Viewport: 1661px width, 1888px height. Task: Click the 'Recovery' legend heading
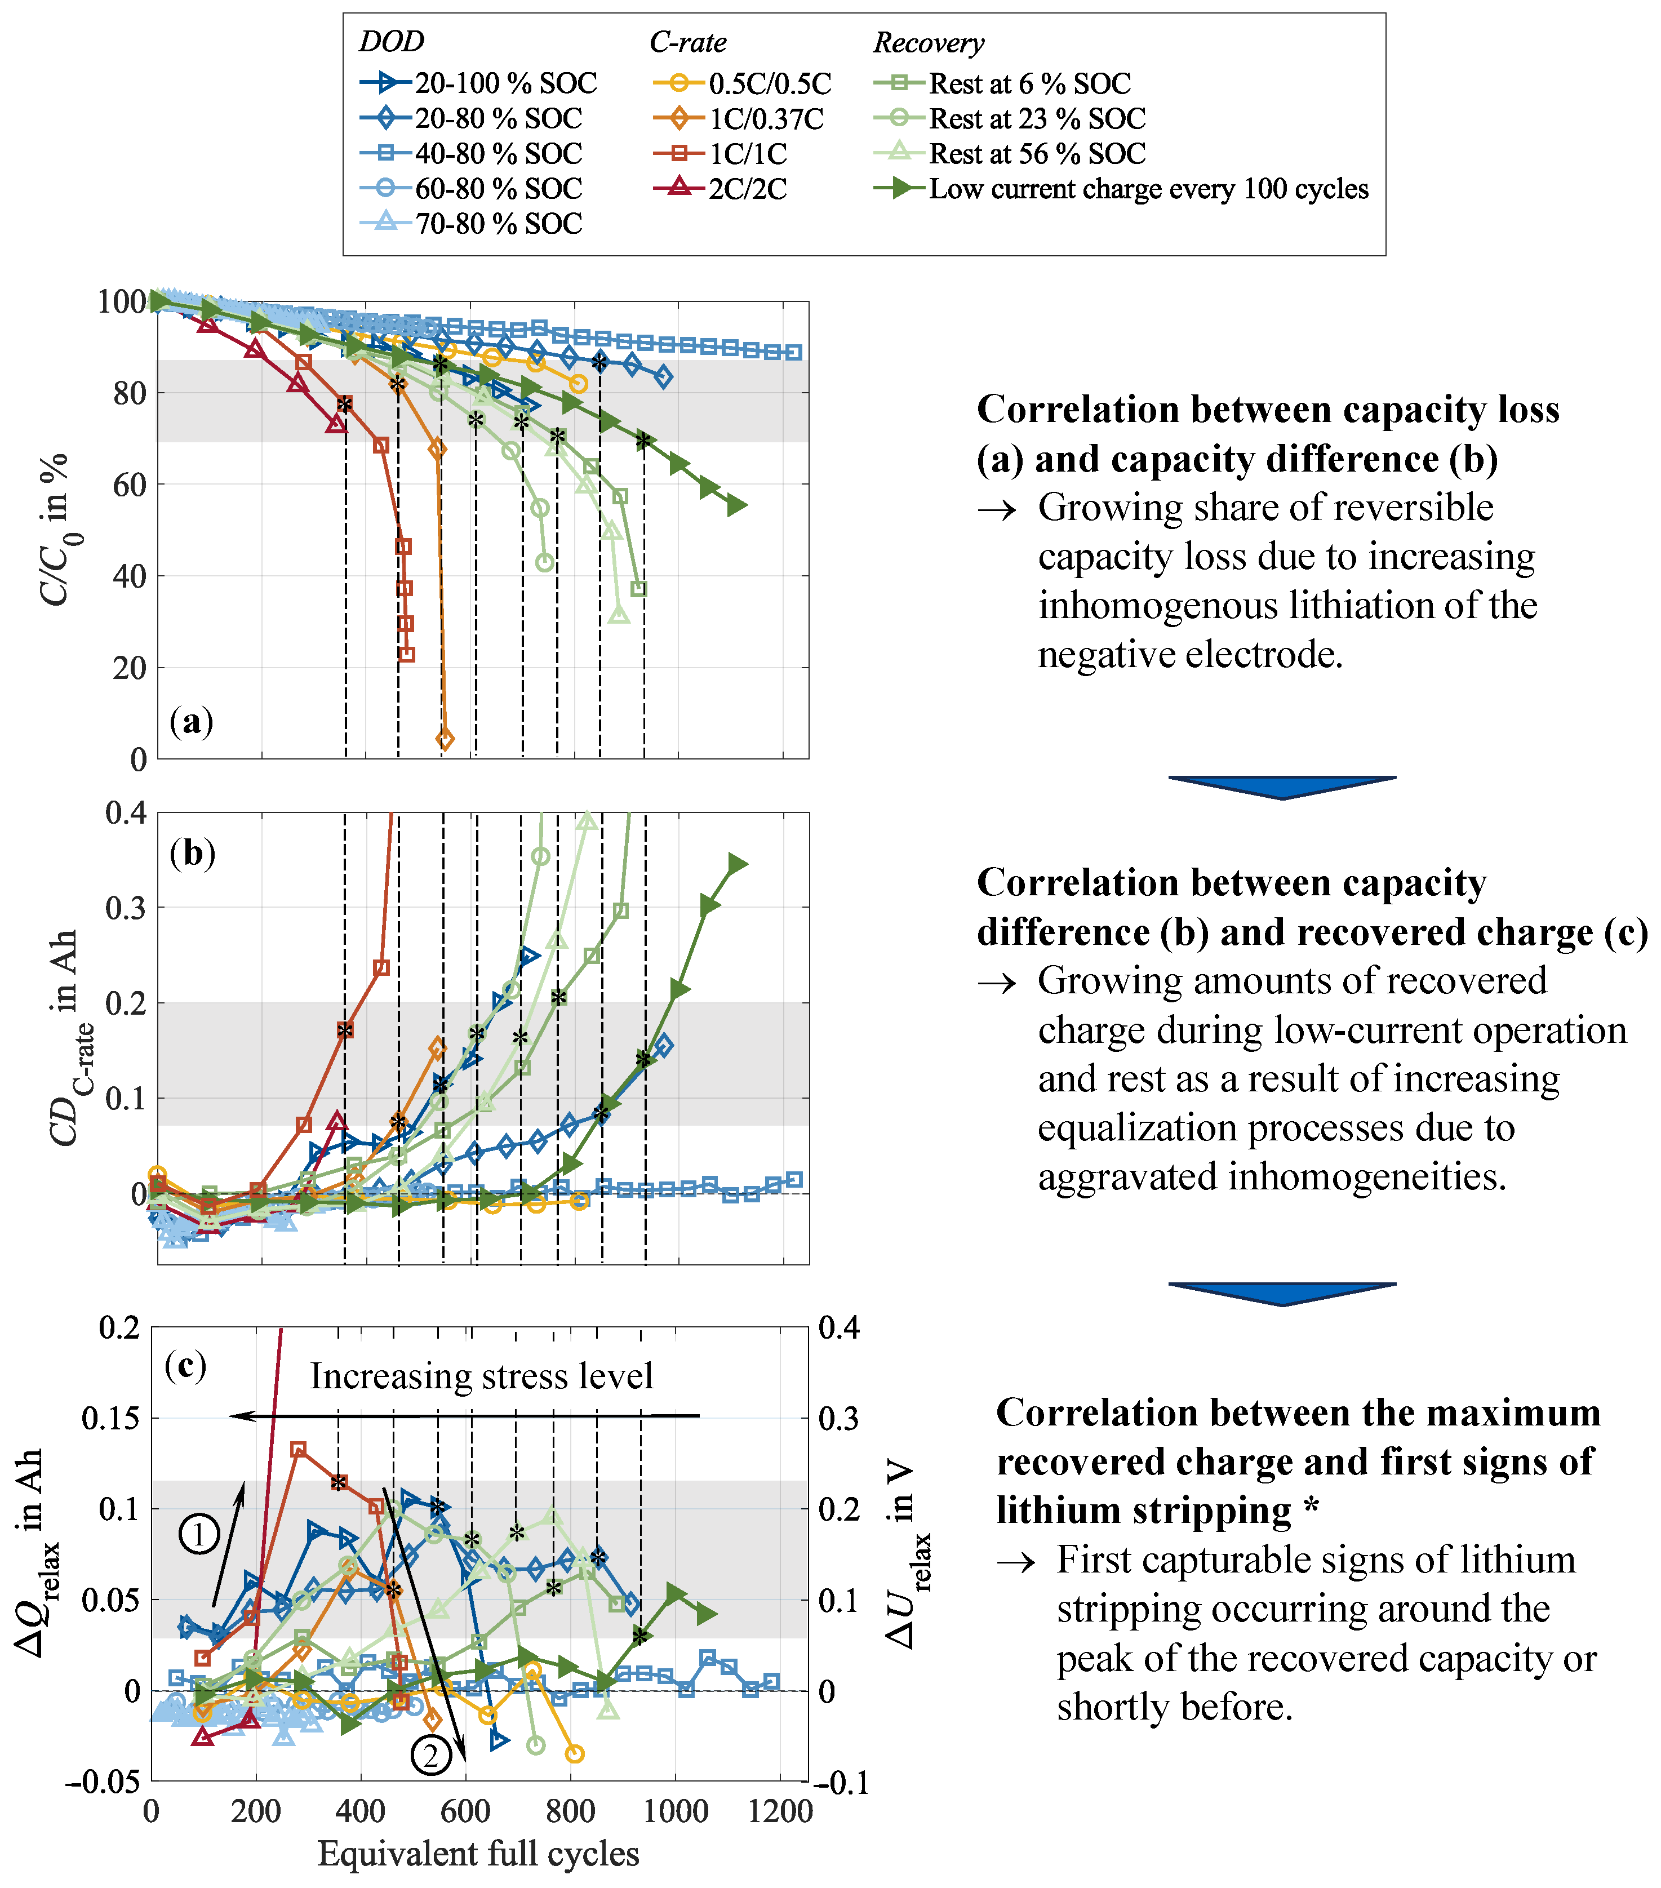tap(929, 42)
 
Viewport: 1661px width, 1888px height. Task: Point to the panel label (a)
tap(191, 721)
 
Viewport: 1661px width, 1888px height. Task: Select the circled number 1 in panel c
tap(199, 1534)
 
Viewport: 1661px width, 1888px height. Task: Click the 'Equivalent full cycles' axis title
tap(478, 1854)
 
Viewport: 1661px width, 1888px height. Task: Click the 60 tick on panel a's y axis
tap(130, 485)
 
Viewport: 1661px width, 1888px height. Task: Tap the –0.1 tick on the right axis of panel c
tap(842, 1782)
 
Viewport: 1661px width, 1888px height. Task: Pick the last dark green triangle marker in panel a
tap(736, 505)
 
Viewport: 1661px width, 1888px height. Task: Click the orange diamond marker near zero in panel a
tap(445, 739)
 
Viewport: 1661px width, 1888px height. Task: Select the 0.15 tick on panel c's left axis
tap(111, 1418)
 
